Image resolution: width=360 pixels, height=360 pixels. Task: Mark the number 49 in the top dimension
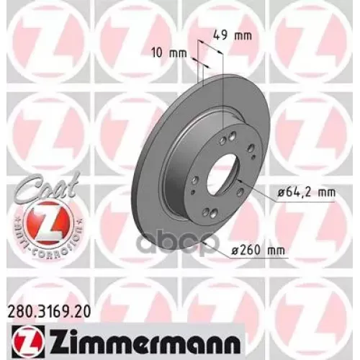pyautogui.click(x=221, y=32)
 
